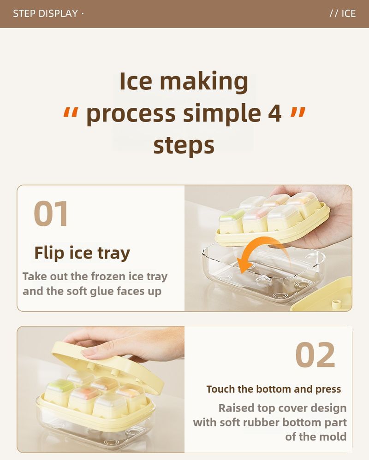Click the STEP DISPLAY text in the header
(x=45, y=13)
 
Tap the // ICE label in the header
(x=343, y=13)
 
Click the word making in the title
(x=204, y=81)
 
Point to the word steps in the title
(x=184, y=145)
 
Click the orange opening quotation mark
(x=71, y=112)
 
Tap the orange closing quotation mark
(x=298, y=112)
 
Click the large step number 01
(x=51, y=213)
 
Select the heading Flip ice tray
(x=82, y=253)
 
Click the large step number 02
(x=315, y=355)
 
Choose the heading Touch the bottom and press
(x=274, y=389)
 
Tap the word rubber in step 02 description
(x=261, y=423)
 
